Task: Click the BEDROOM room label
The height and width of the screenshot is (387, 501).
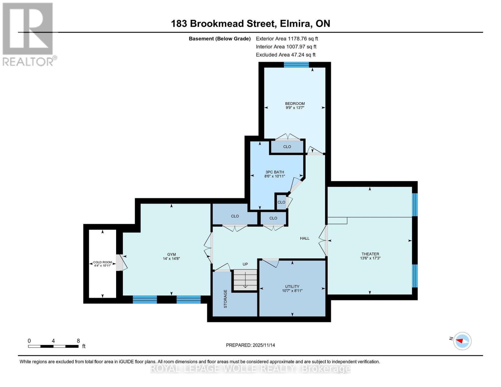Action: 295,104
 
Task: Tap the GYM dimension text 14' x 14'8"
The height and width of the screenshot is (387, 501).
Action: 171,259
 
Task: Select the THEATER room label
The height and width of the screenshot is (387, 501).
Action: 370,254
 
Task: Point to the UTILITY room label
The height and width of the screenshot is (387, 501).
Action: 292,286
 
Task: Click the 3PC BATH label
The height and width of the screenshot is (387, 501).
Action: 275,172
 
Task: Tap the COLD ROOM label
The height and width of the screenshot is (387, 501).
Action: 102,262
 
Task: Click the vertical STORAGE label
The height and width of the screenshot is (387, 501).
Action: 225,299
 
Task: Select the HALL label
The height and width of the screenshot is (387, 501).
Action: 305,238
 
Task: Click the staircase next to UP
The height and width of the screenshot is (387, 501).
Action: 245,280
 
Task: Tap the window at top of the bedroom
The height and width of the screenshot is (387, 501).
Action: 296,65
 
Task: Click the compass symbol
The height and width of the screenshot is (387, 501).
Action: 462,341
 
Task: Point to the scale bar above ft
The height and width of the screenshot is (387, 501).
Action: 53,346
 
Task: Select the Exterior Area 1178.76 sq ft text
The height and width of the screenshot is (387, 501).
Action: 287,39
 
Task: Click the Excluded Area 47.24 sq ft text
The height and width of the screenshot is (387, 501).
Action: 286,55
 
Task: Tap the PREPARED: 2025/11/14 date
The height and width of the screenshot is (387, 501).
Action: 250,345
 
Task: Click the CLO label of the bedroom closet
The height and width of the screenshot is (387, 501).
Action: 287,147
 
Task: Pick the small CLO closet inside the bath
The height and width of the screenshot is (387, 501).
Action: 281,202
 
